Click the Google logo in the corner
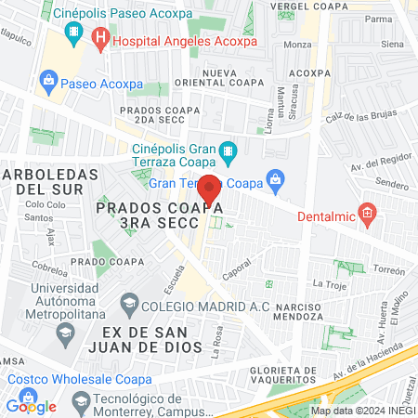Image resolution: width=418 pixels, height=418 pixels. [32, 406]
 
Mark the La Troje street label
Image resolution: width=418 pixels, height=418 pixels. [329, 282]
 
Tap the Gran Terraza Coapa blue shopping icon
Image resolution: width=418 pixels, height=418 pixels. [274, 177]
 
